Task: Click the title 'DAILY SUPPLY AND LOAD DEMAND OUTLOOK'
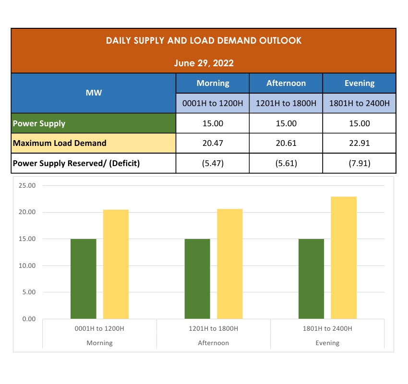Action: tap(204, 41)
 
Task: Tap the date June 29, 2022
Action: tap(204, 63)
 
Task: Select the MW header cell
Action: tap(94, 93)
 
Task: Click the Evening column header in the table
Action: tap(359, 83)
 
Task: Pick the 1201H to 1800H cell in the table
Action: tap(286, 103)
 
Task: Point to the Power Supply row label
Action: tap(39, 123)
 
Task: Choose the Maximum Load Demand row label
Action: tap(60, 143)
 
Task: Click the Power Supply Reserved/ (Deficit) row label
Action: tap(76, 163)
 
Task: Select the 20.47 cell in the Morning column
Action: tap(213, 143)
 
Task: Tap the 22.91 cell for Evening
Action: tap(359, 143)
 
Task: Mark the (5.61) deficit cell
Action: tap(286, 163)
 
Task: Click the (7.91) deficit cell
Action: tap(359, 163)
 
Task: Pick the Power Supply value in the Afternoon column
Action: tap(286, 123)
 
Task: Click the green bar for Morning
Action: tap(84, 279)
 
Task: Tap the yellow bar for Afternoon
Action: tap(229, 264)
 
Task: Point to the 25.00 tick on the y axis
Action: tap(27, 186)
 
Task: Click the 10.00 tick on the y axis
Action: tap(27, 265)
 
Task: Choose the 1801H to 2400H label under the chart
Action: tap(327, 329)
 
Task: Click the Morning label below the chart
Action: tap(99, 343)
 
